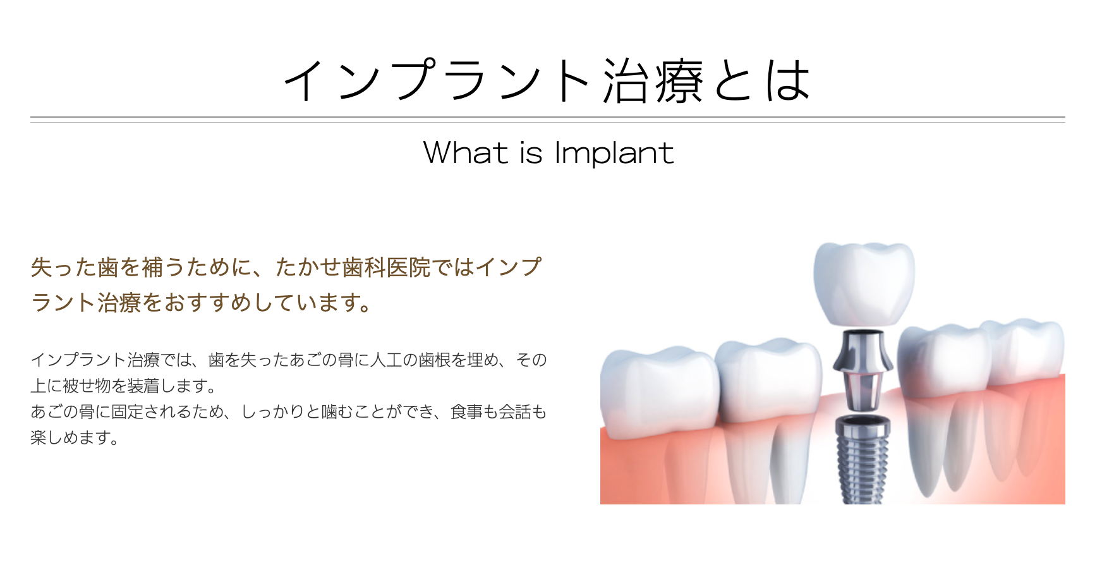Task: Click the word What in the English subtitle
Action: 465,153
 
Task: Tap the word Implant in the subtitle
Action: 614,154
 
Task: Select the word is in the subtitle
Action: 531,154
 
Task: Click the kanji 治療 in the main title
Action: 653,81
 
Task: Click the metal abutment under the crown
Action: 863,370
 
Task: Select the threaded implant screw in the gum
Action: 863,458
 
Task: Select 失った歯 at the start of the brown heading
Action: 75,267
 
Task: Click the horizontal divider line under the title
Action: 547,119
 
